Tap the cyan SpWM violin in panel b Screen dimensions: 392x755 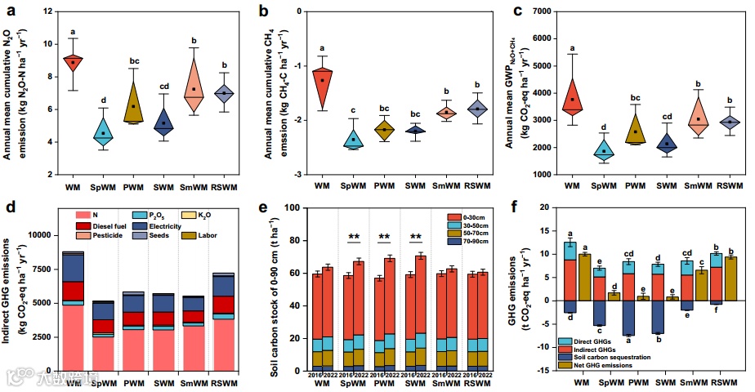(353, 139)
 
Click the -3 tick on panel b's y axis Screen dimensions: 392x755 (300, 175)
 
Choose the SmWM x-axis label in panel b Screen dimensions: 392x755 (445, 187)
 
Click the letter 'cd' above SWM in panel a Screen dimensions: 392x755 (163, 87)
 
